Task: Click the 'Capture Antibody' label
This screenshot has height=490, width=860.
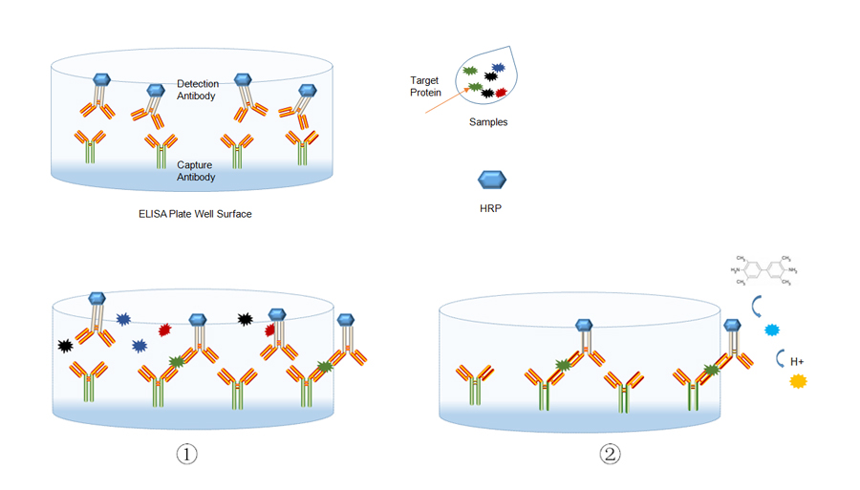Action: pos(197,171)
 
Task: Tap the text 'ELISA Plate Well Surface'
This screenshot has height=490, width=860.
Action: pos(195,214)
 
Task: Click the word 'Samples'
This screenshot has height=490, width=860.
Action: pos(488,122)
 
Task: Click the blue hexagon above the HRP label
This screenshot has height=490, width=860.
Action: pos(491,180)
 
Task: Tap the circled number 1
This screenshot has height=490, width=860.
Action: pos(186,454)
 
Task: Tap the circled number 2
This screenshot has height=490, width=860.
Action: pos(610,454)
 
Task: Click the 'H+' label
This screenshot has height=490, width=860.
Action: pos(796,361)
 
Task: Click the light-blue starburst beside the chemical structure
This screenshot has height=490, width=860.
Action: pos(772,330)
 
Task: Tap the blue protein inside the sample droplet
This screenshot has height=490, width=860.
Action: pos(497,69)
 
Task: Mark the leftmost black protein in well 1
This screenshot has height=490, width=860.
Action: pos(65,345)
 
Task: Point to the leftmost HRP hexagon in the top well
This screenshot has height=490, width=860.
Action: pos(101,81)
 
